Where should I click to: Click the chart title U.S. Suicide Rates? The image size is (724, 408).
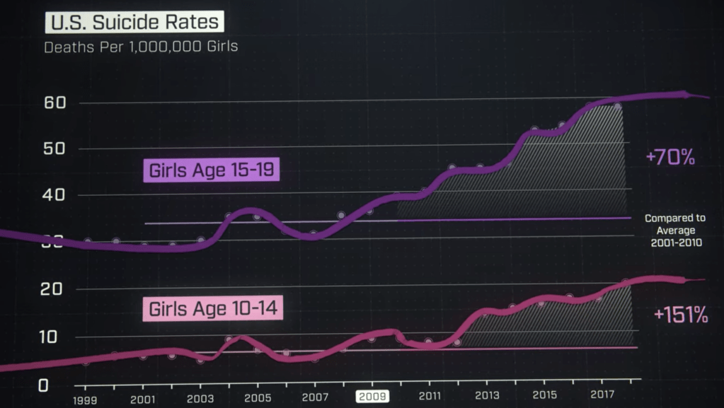click(134, 22)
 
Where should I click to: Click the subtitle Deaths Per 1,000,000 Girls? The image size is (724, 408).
click(141, 48)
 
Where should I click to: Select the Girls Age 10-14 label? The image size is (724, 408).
click(212, 309)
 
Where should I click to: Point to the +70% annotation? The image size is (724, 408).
click(670, 157)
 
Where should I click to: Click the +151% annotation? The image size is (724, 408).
click(680, 315)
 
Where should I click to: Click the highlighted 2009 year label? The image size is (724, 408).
click(372, 396)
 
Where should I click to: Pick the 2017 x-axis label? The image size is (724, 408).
click(602, 395)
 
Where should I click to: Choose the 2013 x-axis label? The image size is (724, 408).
click(487, 395)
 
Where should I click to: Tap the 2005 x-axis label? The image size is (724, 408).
click(258, 397)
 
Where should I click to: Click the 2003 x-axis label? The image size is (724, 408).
click(200, 397)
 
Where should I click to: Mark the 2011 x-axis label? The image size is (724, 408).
click(430, 396)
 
